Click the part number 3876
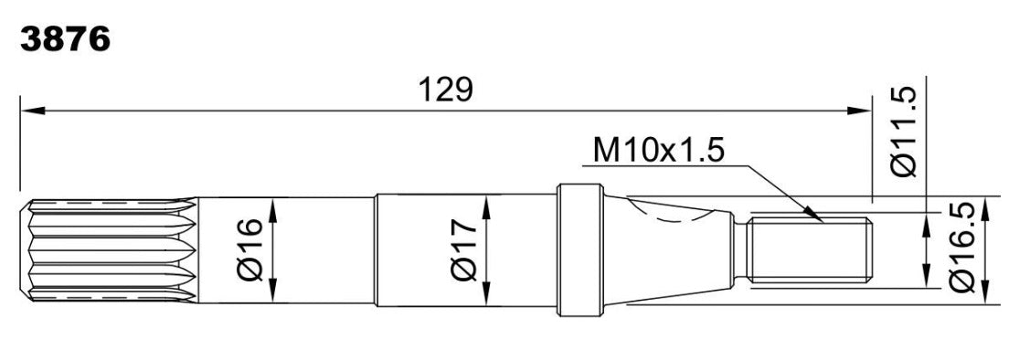coord(64,40)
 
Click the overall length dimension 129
coord(446,90)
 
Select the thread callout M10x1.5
coord(659,151)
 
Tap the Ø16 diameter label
coord(252,249)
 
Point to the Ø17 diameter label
coord(464,249)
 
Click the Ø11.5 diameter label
coord(903,132)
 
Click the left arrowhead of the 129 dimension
coord(33,111)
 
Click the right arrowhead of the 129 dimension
coord(858,111)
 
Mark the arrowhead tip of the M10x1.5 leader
coord(822,221)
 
